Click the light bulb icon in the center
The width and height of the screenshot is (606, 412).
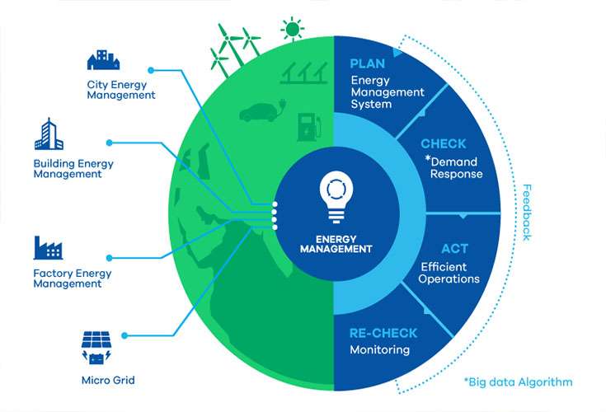(336, 197)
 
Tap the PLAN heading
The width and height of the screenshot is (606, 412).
(367, 63)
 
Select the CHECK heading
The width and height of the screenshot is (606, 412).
(444, 143)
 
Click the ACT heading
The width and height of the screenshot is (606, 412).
(454, 249)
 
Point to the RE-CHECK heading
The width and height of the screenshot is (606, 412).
(383, 333)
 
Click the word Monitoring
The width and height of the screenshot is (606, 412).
(379, 350)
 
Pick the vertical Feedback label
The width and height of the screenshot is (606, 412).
(527, 213)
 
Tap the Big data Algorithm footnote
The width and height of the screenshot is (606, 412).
(519, 382)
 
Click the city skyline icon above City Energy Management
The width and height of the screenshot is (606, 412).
(103, 59)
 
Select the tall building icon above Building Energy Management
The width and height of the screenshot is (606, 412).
(49, 133)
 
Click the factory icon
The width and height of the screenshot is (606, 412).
(48, 247)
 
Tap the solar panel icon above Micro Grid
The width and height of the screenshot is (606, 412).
(96, 348)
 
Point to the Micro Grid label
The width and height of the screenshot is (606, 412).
(108, 381)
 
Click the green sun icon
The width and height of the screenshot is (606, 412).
(292, 29)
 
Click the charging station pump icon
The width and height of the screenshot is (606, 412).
(309, 127)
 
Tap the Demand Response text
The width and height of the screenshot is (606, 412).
(453, 167)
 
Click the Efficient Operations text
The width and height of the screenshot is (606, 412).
(449, 273)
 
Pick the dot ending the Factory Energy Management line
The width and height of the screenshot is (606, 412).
(110, 258)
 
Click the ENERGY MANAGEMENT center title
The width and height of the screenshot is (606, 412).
(336, 244)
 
